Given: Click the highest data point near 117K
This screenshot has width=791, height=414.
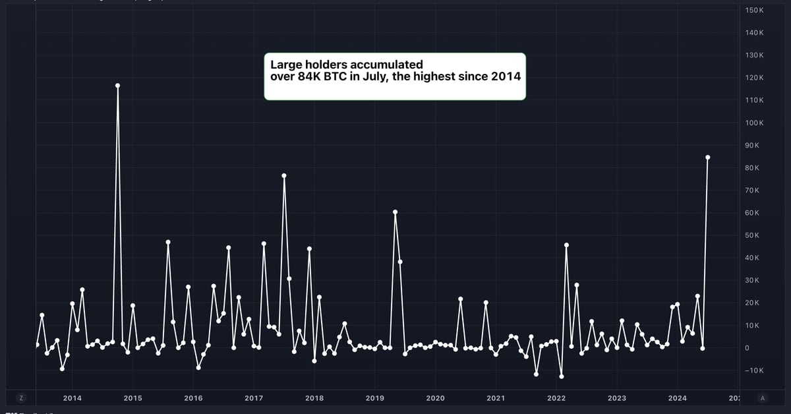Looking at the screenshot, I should tap(117, 85).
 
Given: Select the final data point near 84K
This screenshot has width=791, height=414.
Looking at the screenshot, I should tap(707, 157).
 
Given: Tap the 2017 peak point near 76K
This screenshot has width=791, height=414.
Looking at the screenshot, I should tap(284, 175).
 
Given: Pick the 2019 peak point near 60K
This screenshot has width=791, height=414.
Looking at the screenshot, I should tap(395, 212).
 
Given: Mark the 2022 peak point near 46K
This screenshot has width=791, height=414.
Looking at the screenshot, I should tap(566, 245).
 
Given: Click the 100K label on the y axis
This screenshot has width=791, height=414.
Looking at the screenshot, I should tap(754, 123).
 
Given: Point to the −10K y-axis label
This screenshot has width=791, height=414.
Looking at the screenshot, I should tap(753, 370).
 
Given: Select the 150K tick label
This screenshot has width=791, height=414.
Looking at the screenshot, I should tap(754, 11).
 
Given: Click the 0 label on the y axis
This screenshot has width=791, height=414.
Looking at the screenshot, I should tap(747, 348).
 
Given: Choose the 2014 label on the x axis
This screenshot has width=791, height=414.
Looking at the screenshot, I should tap(72, 398).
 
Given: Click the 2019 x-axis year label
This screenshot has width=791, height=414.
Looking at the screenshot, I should tap(374, 398).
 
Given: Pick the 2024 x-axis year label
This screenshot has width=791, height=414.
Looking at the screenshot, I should tap(677, 398).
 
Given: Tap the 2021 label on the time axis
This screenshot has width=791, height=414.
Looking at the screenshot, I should tap(496, 398).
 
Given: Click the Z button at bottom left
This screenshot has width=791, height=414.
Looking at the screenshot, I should tap(22, 398).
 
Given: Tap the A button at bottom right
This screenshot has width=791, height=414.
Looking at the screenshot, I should tap(763, 398).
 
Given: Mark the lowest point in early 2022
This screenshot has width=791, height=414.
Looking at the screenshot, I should tap(562, 376).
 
